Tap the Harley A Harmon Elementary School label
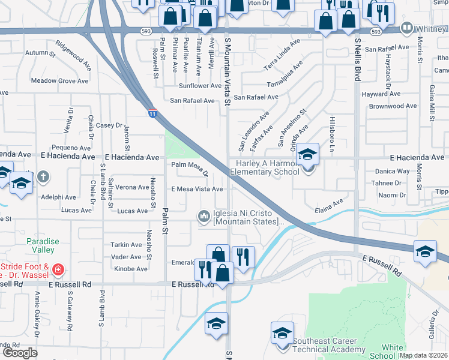click(267, 167)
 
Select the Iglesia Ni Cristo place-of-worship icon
click(204, 215)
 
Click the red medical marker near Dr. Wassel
click(58, 269)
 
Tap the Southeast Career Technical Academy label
click(328, 345)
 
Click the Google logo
click(20, 353)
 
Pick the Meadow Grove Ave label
click(59, 81)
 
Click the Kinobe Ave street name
click(130, 269)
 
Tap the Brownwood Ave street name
click(393, 106)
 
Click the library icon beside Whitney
click(407, 28)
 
